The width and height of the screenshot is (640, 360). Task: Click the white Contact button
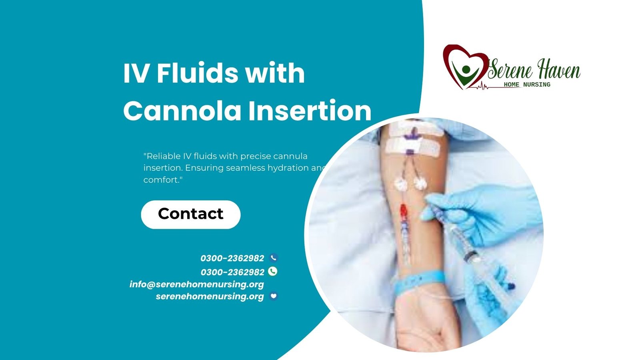click(x=190, y=214)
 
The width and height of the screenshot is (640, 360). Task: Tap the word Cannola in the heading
click(x=182, y=111)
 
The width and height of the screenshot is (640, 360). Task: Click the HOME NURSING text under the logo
click(x=527, y=84)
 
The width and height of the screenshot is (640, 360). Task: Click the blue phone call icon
click(x=274, y=258)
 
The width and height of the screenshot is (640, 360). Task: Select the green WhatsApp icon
click(x=272, y=271)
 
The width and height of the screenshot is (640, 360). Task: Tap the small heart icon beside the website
click(x=274, y=296)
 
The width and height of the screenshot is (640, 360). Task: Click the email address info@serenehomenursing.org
click(x=196, y=284)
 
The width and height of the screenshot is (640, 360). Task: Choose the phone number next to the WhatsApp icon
click(x=232, y=272)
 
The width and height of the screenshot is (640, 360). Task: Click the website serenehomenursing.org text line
click(x=210, y=296)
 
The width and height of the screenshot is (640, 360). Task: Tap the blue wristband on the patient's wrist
click(x=420, y=282)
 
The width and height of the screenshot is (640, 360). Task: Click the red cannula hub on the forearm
click(x=403, y=212)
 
